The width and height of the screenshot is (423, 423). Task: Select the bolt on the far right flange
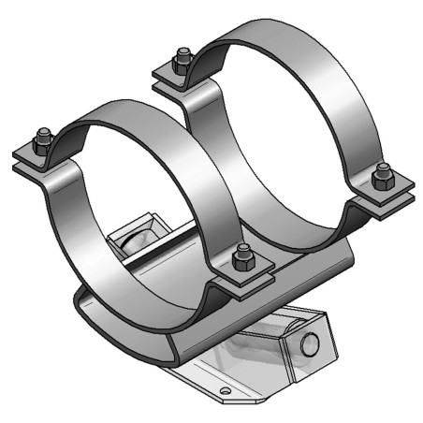pyautogui.click(x=381, y=175)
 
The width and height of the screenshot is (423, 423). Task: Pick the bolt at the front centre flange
pyautogui.click(x=242, y=255)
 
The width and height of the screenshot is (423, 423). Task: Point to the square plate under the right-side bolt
pyautogui.click(x=383, y=195)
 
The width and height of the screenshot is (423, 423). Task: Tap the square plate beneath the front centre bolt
pyautogui.click(x=241, y=276)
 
